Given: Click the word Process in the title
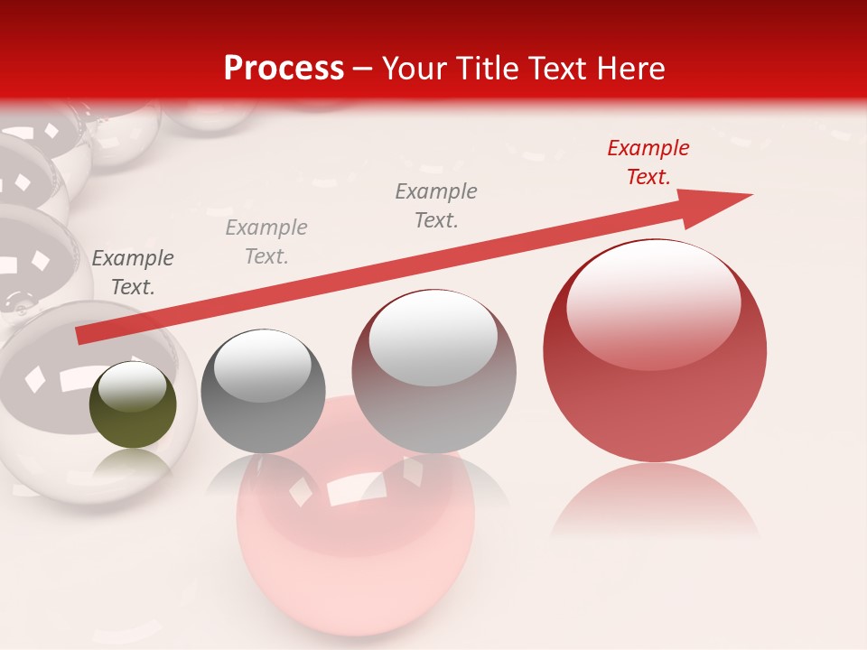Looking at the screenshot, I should point(284,69).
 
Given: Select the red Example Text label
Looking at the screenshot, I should point(648,162).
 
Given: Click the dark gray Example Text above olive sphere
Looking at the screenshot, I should point(133,273).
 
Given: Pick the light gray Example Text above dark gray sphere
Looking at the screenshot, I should point(266,242).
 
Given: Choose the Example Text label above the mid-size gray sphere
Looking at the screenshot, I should point(436,206).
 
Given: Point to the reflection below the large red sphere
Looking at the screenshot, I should point(655,501).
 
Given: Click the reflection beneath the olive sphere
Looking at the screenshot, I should point(133,465).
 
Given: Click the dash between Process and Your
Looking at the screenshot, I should point(362,69).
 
